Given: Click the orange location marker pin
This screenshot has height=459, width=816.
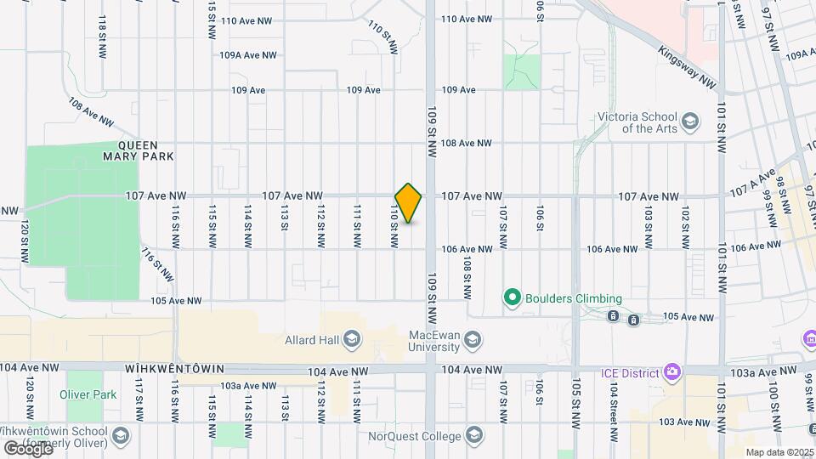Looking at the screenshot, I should coord(409,203).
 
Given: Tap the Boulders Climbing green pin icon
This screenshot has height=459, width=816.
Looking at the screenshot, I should coord(512,298).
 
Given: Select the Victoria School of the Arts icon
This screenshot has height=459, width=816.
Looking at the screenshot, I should coord(689,120).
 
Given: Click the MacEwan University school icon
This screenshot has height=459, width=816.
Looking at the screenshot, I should coord(472,341).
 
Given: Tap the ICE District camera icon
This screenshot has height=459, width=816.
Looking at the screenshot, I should coord(672,371).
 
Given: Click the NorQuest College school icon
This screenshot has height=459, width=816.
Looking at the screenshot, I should coord(475,436).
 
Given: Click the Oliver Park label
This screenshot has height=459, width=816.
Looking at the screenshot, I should coord(88,394).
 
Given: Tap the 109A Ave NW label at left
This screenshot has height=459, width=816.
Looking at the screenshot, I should coord(247,54).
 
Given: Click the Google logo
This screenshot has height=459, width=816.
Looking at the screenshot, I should coord(28,448).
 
